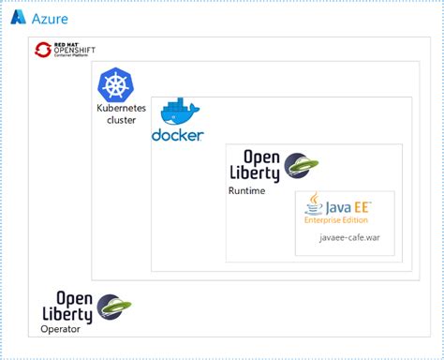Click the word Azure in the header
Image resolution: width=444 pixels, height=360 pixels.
[x=49, y=19]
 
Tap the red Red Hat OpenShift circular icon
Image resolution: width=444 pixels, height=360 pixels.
[x=42, y=51]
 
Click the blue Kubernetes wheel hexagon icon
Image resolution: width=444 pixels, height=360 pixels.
[x=116, y=86]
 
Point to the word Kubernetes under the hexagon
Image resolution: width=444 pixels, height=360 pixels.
[x=121, y=109]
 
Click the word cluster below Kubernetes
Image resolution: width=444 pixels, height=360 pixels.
[x=121, y=121]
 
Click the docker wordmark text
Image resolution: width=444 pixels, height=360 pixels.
[x=178, y=136]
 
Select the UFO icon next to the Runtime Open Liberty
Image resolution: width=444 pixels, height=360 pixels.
[x=301, y=166]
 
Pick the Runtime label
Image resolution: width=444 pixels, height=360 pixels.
[x=246, y=191]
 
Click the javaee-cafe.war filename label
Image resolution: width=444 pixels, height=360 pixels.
[x=349, y=238]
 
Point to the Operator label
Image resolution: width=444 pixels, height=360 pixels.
[x=60, y=329]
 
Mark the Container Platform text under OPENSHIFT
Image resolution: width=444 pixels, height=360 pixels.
[x=75, y=58]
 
